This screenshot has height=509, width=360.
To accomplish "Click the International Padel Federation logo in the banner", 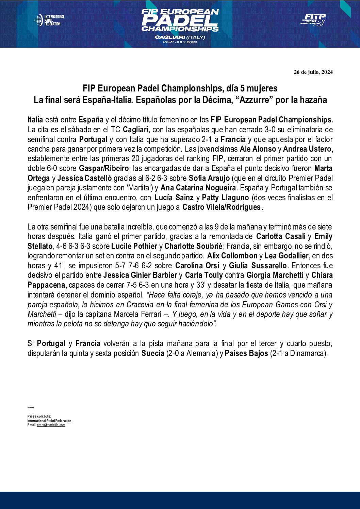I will tap(50, 20).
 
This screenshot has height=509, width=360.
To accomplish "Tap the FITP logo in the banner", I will tap(313, 20).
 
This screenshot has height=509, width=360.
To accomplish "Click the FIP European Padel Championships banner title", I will tap(180, 20).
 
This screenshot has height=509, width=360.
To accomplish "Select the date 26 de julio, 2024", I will tap(313, 72).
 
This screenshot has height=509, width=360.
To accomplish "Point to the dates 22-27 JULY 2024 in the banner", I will tap(180, 42).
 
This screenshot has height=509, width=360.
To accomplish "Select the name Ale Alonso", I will tap(258, 149).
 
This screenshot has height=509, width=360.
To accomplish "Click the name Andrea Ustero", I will tap(307, 149).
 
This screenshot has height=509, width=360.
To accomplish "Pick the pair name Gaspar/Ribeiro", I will tap(104, 168).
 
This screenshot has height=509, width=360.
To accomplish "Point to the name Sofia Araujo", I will tap(209, 178).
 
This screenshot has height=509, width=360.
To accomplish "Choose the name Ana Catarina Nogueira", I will tap(198, 188).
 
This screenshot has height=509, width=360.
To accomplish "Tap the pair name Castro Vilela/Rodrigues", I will tap(222, 207).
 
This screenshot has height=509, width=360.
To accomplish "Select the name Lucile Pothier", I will tap(134, 246).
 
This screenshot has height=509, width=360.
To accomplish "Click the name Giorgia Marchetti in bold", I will tap(275, 275).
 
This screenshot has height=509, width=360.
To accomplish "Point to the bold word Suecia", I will tap(153, 353).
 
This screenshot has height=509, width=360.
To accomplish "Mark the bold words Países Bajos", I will tap(246, 353).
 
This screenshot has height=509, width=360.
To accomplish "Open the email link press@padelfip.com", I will tap(51, 425).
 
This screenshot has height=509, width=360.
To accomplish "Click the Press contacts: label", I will tap(39, 417).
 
